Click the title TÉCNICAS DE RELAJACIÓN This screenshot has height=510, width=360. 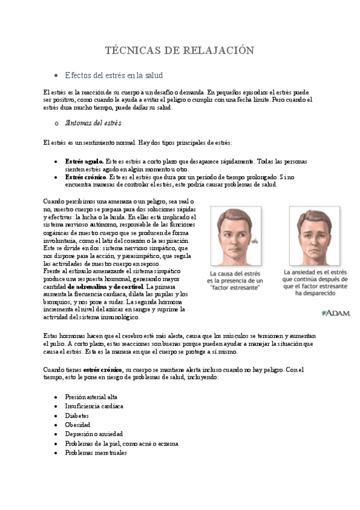pos(180,50)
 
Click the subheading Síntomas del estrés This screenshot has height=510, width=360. pos(93,123)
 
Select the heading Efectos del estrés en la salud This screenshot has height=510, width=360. pos(114,75)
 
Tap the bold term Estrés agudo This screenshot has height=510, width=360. pos(84,162)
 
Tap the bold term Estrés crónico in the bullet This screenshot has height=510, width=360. pos(86,177)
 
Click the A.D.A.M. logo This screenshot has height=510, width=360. pos(336,313)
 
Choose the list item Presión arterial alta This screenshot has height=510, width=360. pos(91,397)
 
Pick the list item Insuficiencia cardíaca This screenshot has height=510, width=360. pos(94,406)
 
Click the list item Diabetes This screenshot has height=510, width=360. pos(77,416)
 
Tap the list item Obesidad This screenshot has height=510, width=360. pos(78,425)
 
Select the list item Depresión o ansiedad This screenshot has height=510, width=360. pos(94,434)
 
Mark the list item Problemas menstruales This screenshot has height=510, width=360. pos(96,452)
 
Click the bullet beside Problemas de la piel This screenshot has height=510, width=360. pos(55,443)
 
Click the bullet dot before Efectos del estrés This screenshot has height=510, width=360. pos(55,75)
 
